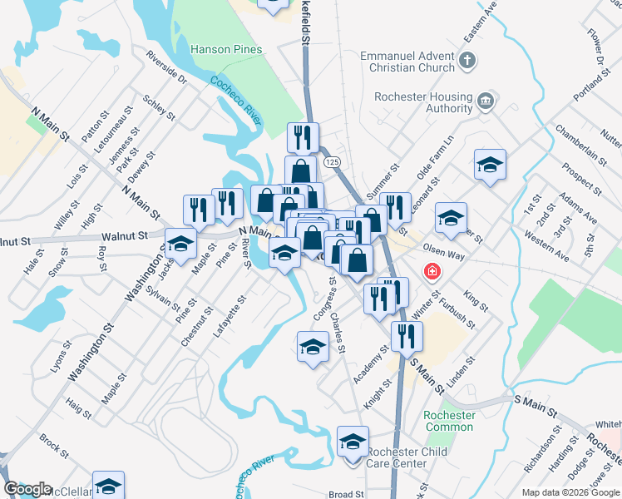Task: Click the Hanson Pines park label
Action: pyautogui.click(x=226, y=49)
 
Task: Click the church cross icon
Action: pyautogui.click(x=467, y=60)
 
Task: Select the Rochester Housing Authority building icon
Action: pyautogui.click(x=486, y=102)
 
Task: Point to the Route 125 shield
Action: pyautogui.click(x=333, y=161)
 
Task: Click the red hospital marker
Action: pyautogui.click(x=432, y=271)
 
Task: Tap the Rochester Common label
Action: pyautogui.click(x=449, y=421)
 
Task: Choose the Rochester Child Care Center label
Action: pyautogui.click(x=407, y=457)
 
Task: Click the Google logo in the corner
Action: pyautogui.click(x=27, y=489)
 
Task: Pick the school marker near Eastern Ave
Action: pyautogui.click(x=490, y=166)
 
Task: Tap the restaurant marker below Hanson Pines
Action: pyautogui.click(x=304, y=136)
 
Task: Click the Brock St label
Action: pyautogui.click(x=53, y=446)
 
